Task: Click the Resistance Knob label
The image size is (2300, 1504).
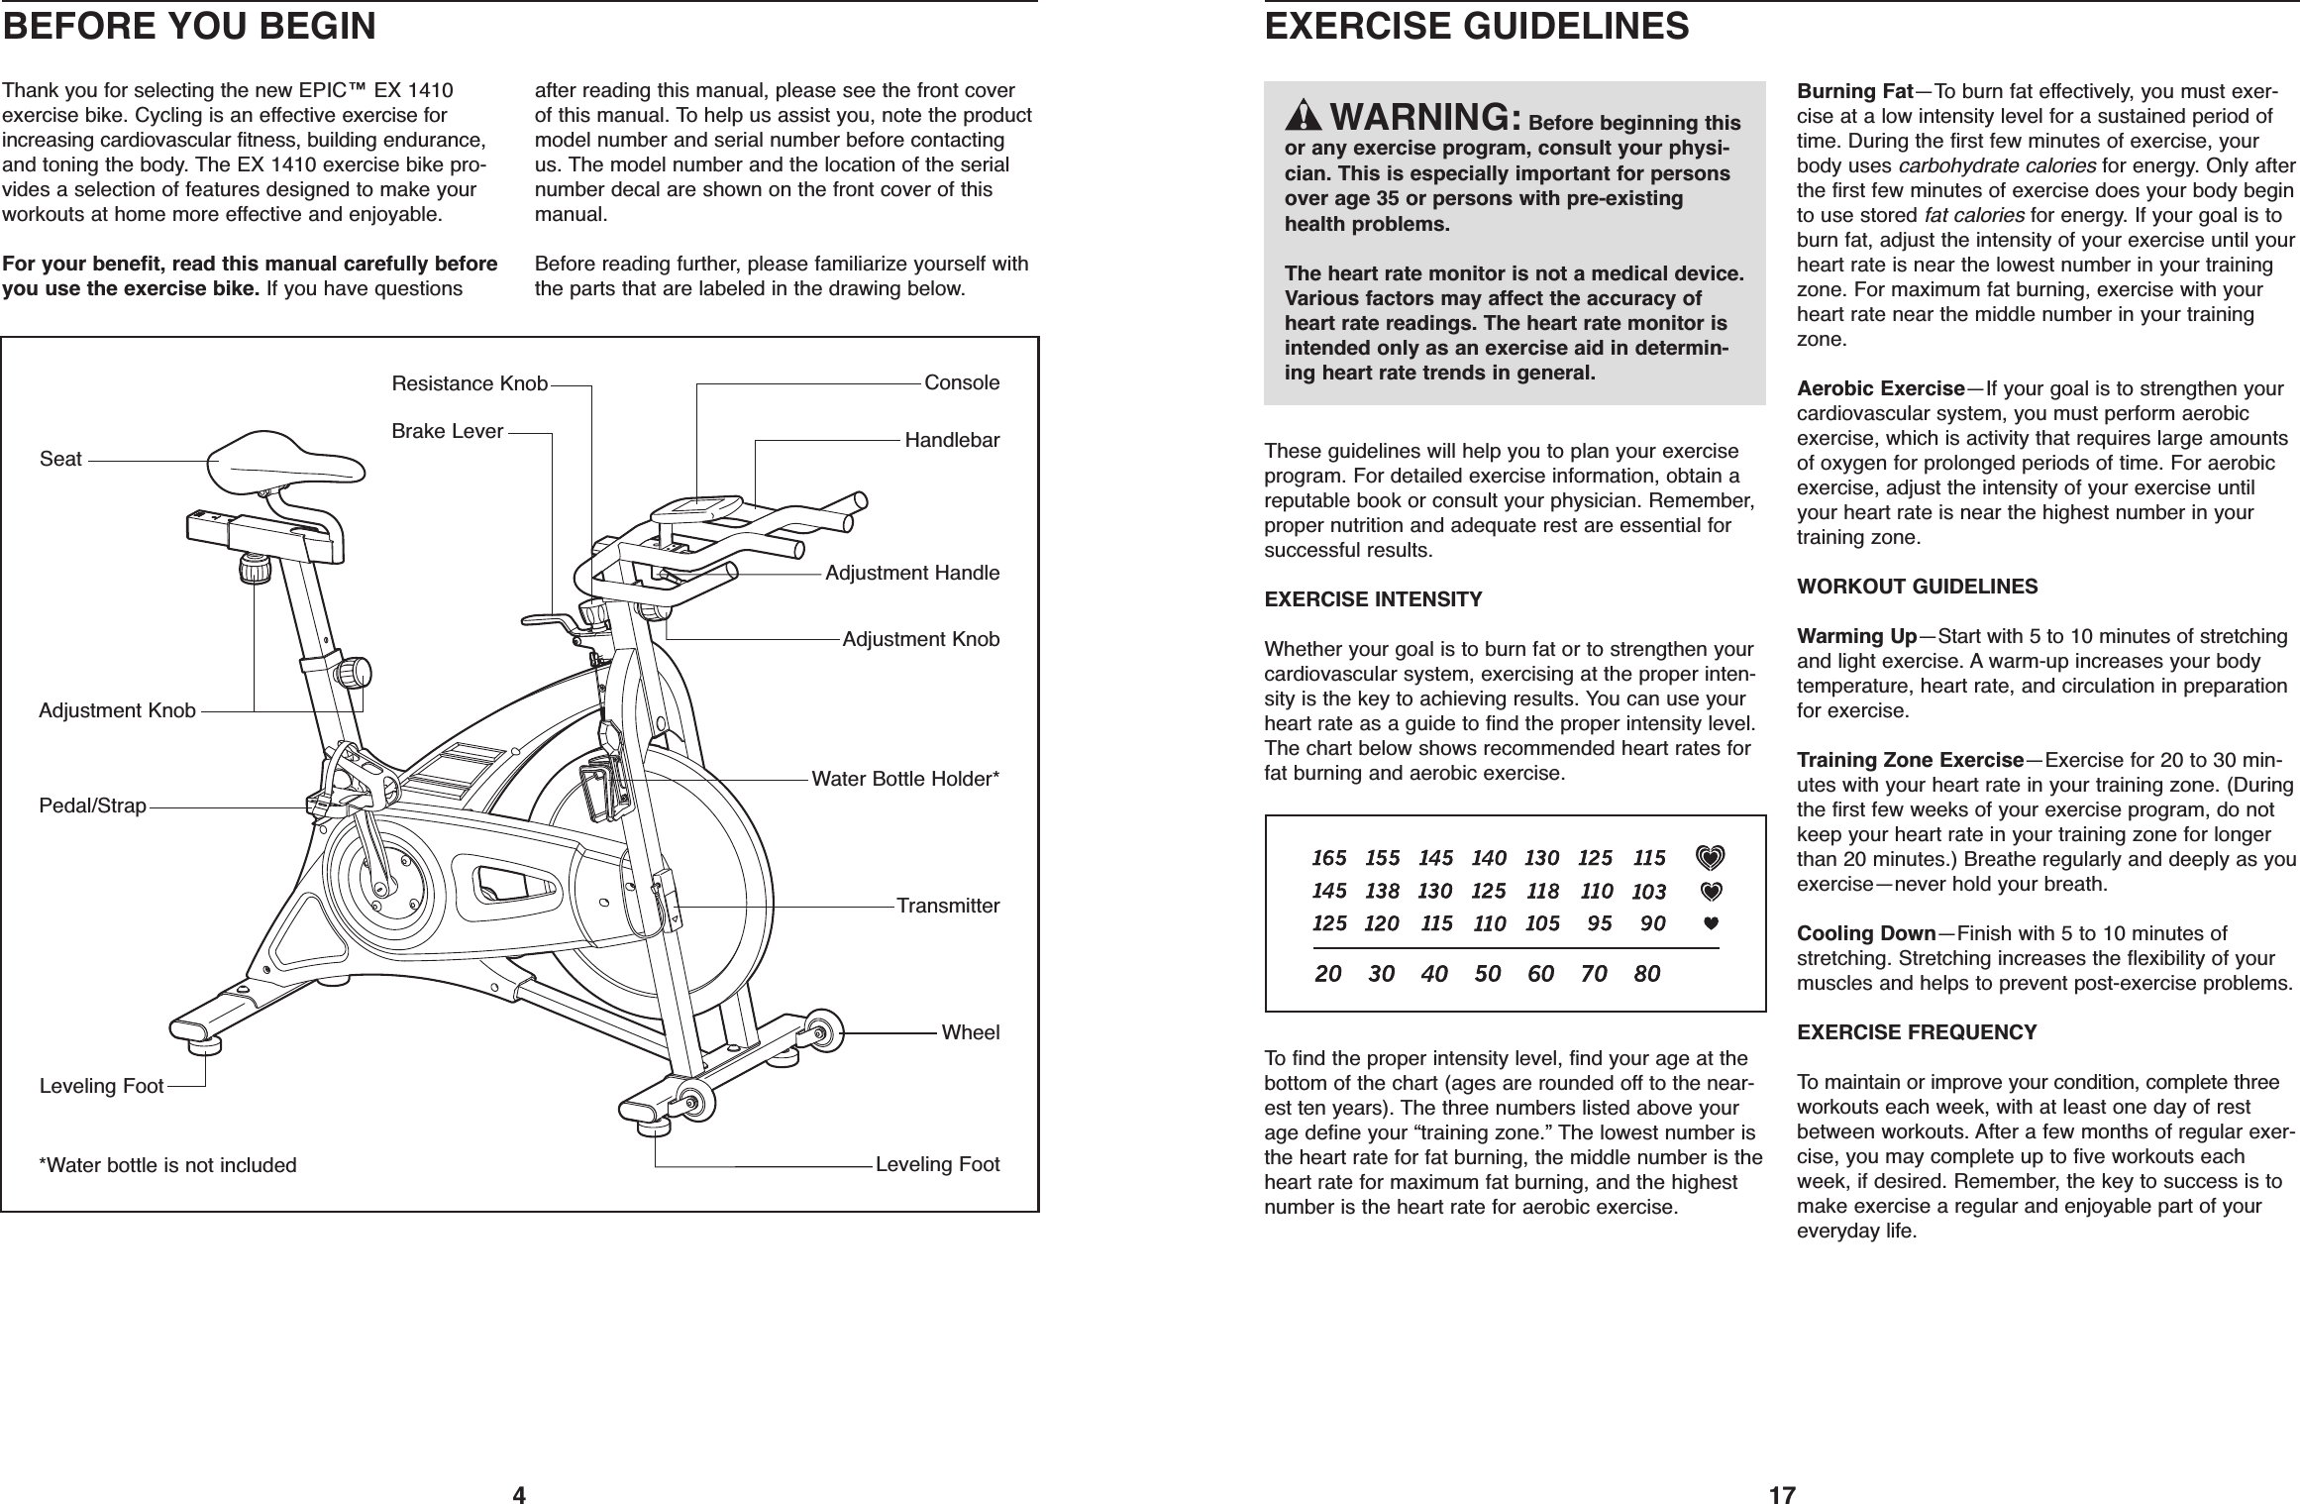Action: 470,383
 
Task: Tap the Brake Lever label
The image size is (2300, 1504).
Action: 448,432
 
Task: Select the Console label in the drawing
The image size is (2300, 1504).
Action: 961,382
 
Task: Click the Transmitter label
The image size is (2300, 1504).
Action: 948,906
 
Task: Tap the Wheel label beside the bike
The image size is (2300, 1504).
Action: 970,1032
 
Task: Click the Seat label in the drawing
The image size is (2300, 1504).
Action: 60,460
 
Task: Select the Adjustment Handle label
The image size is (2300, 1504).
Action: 912,574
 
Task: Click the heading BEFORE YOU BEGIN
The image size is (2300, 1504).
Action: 189,27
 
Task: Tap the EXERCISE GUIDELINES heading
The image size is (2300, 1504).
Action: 1477,27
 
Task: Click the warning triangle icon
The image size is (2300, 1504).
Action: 1305,146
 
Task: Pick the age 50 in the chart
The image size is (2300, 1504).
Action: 1487,974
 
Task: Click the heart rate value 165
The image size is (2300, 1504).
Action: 1329,858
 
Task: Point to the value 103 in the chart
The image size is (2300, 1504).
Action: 1648,892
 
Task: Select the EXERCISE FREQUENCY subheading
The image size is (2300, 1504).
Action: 1917,1032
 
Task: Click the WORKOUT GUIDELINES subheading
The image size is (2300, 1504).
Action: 1918,587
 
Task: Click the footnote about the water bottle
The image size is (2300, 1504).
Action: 167,1164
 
